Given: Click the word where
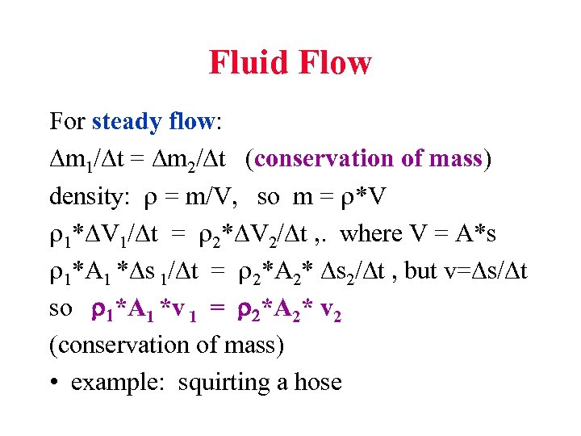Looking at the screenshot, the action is point(371,233).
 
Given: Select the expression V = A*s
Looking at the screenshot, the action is point(453,233).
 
